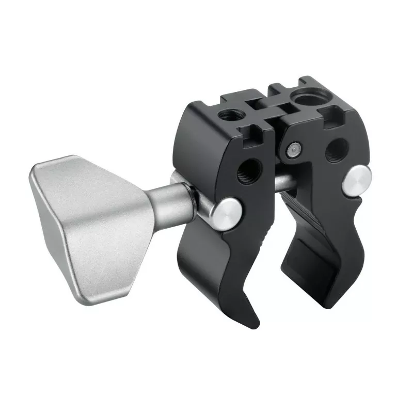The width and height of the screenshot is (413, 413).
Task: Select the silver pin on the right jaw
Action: click(355, 180)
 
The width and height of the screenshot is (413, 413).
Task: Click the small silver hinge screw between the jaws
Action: click(293, 149)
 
